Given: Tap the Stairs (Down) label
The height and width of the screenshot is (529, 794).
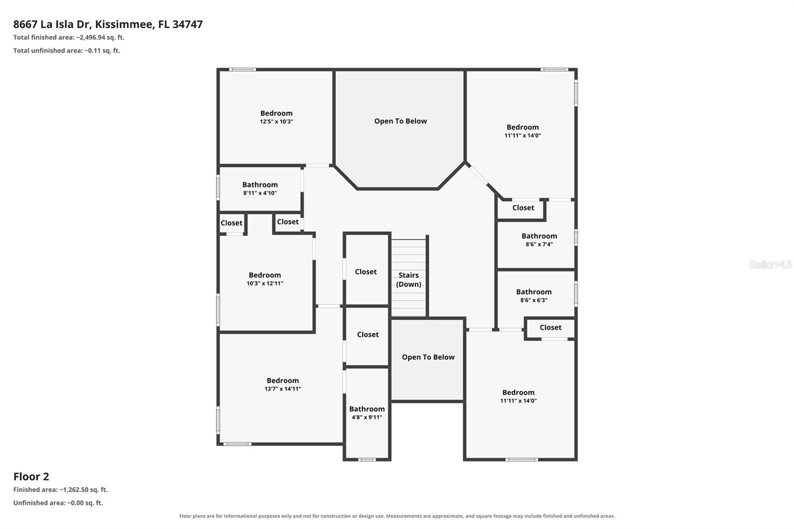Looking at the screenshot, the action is pos(408,280).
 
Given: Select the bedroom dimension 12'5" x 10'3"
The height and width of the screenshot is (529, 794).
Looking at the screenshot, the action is pos(276,122).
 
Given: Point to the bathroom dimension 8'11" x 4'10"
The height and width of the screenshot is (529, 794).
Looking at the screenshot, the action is pos(260,193).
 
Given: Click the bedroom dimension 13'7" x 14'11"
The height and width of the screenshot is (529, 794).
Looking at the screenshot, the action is pos(282,389).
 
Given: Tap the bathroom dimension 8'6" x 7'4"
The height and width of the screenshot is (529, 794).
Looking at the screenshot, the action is pos(539,244).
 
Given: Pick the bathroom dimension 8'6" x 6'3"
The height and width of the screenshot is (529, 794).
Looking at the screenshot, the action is pos(534,300).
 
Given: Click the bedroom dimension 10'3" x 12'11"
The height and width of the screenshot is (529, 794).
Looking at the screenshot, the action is pos(265,283).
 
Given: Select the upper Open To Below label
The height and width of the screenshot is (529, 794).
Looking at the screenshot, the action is pos(400,121).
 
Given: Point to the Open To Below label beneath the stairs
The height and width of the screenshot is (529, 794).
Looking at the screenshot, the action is pos(428,357).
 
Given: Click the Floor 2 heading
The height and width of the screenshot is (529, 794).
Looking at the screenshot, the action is pos(31,476).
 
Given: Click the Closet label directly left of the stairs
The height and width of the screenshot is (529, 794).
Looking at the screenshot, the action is pos(366,272).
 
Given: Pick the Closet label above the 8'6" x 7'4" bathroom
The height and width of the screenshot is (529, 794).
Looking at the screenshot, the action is pos(523,208).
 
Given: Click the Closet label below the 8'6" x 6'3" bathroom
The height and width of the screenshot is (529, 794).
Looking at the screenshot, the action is pos(550,328).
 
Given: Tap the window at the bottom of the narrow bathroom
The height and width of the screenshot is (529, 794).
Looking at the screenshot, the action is pos(367,460).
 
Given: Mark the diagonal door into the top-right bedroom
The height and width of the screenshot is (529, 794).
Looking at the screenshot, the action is pos(478,175).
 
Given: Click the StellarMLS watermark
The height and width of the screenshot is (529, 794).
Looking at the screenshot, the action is pos(771,264).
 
